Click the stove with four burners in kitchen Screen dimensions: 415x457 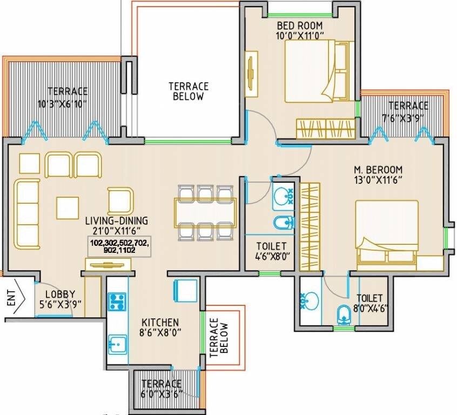117,302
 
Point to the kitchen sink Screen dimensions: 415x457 117,344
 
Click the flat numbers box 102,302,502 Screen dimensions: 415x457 119,247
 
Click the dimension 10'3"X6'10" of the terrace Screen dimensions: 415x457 62,104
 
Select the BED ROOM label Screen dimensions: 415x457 300,25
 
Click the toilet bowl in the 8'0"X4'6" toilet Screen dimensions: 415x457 344,315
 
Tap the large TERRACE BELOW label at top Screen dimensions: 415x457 189,91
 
